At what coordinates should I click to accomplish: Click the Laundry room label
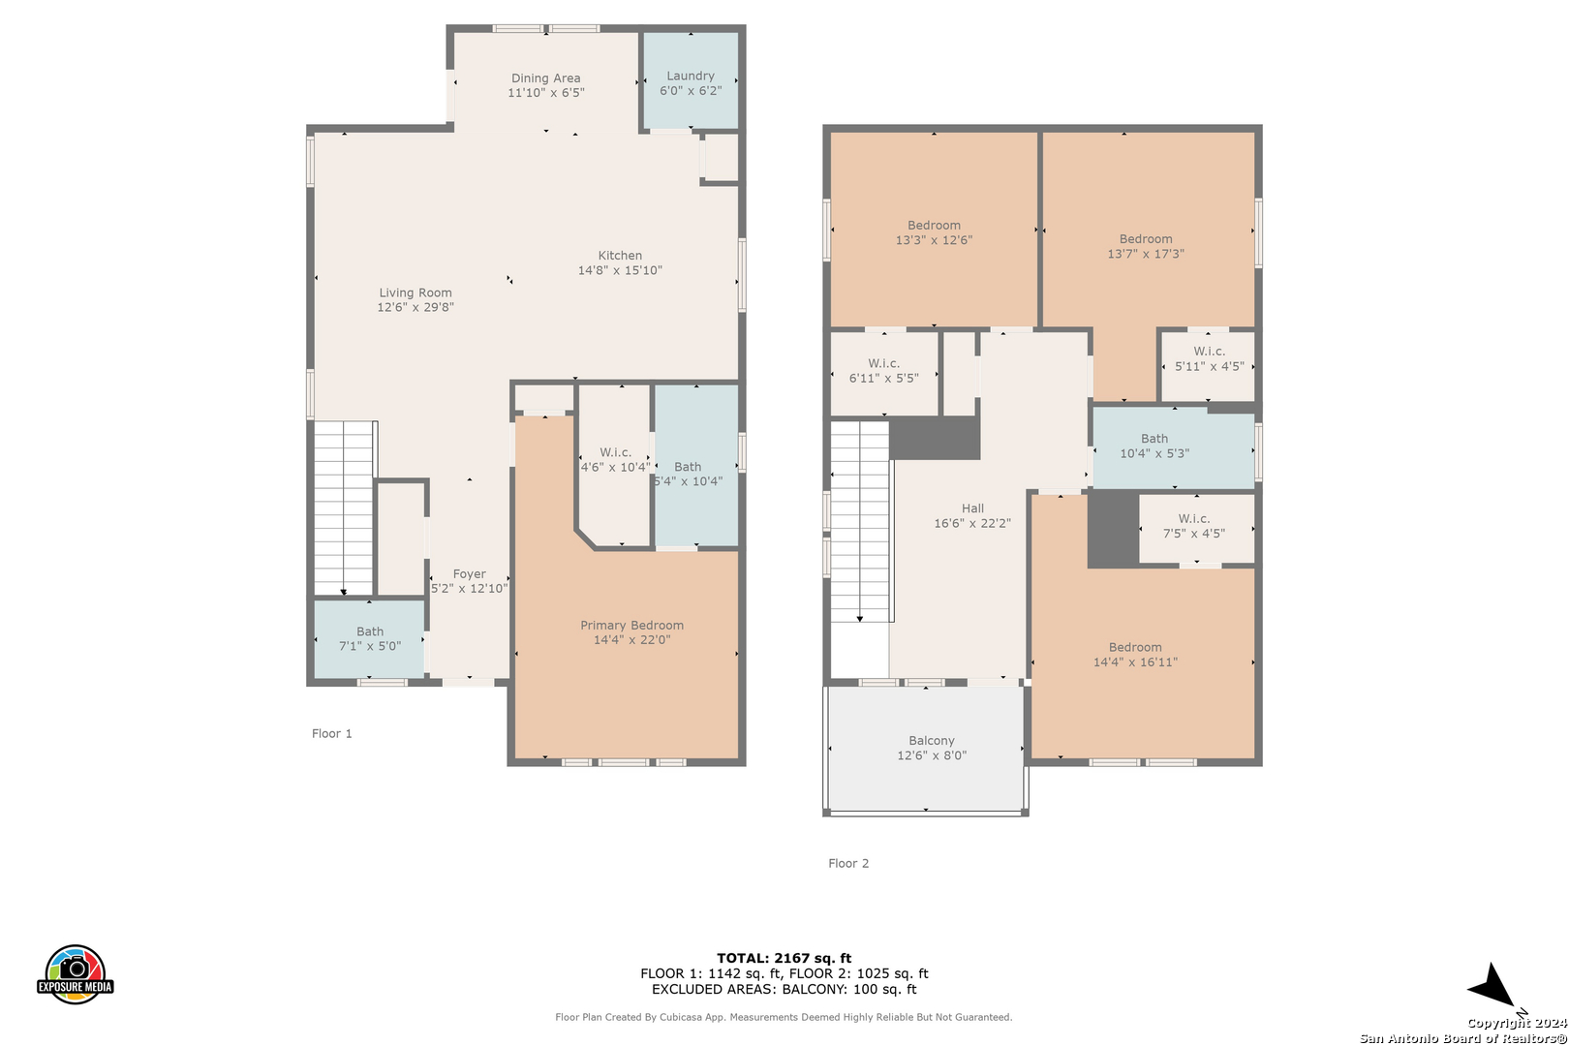pyautogui.click(x=690, y=76)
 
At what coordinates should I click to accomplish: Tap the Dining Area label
pyautogui.click(x=545, y=77)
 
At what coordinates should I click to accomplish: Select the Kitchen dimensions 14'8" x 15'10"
pyautogui.click(x=620, y=270)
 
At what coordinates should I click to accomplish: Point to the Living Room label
pyautogui.click(x=415, y=292)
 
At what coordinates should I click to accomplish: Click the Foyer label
pyautogui.click(x=470, y=573)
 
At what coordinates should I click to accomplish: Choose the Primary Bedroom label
pyautogui.click(x=631, y=625)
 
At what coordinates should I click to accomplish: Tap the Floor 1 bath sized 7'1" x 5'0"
pyautogui.click(x=369, y=639)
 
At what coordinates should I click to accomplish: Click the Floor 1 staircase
pyautogui.click(x=343, y=508)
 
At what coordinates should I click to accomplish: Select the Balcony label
pyautogui.click(x=932, y=741)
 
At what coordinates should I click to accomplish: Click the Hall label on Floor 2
pyautogui.click(x=972, y=508)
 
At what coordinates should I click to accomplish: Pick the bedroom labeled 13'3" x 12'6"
pyautogui.click(x=934, y=230)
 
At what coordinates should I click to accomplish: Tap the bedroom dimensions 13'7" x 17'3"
pyautogui.click(x=1146, y=254)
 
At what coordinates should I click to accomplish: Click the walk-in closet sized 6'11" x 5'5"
pyautogui.click(x=884, y=373)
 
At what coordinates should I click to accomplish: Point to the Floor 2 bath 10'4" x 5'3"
pyautogui.click(x=1173, y=448)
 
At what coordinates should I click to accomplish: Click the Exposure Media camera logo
pyautogui.click(x=75, y=973)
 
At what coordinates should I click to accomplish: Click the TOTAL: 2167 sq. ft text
pyautogui.click(x=784, y=958)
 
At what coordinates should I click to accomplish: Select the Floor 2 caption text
pyautogui.click(x=848, y=863)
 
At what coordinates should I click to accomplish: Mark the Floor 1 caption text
pyautogui.click(x=332, y=733)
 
